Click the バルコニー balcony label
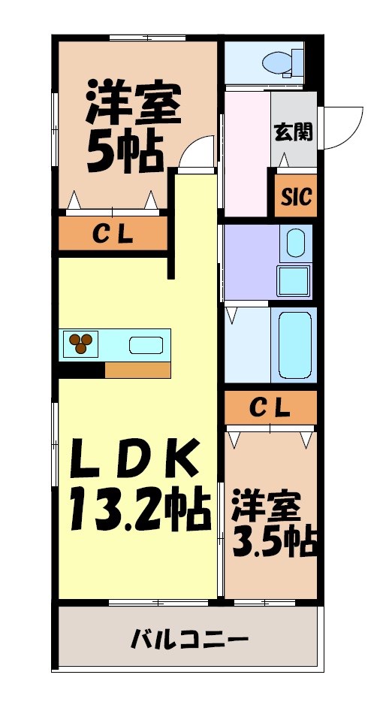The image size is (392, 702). (189, 640)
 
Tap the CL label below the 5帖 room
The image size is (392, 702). (113, 234)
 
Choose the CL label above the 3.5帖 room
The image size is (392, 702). (269, 408)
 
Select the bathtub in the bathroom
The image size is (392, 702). (294, 345)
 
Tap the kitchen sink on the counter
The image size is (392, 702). (146, 346)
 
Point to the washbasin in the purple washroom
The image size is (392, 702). (294, 244)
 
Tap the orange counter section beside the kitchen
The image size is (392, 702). (137, 370)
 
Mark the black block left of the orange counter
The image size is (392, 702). (82, 370)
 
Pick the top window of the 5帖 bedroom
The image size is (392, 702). (147, 38)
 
